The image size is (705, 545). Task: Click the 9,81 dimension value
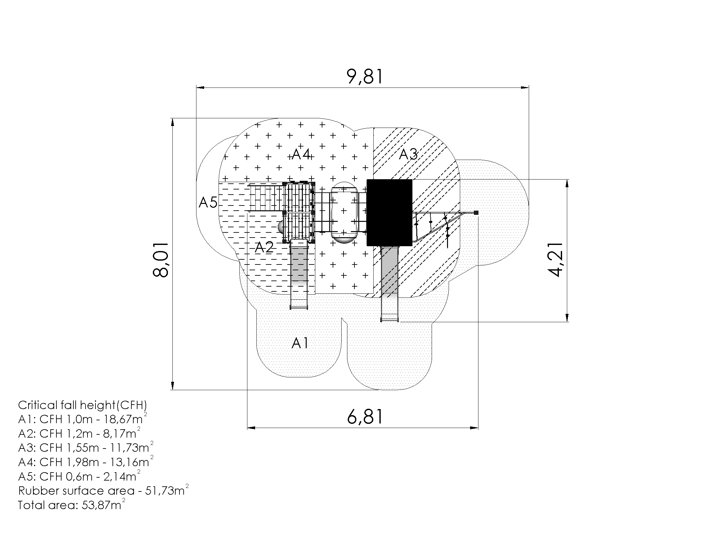(365, 77)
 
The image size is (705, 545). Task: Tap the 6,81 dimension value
(365, 416)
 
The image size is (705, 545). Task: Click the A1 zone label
(300, 343)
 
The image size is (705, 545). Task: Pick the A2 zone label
(264, 247)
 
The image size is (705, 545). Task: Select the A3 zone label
(408, 154)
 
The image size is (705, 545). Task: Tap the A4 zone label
(301, 154)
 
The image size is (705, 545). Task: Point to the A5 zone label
(208, 202)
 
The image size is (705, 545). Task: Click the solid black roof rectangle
(389, 213)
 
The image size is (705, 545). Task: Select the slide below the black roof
(389, 283)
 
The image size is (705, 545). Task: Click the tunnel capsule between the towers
(344, 213)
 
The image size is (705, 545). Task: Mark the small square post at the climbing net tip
(476, 213)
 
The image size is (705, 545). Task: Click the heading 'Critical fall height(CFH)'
(82, 405)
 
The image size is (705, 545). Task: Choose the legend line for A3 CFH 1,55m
(86, 447)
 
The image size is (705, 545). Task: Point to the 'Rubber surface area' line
(103, 490)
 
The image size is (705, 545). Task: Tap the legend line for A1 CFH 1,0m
(83, 419)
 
